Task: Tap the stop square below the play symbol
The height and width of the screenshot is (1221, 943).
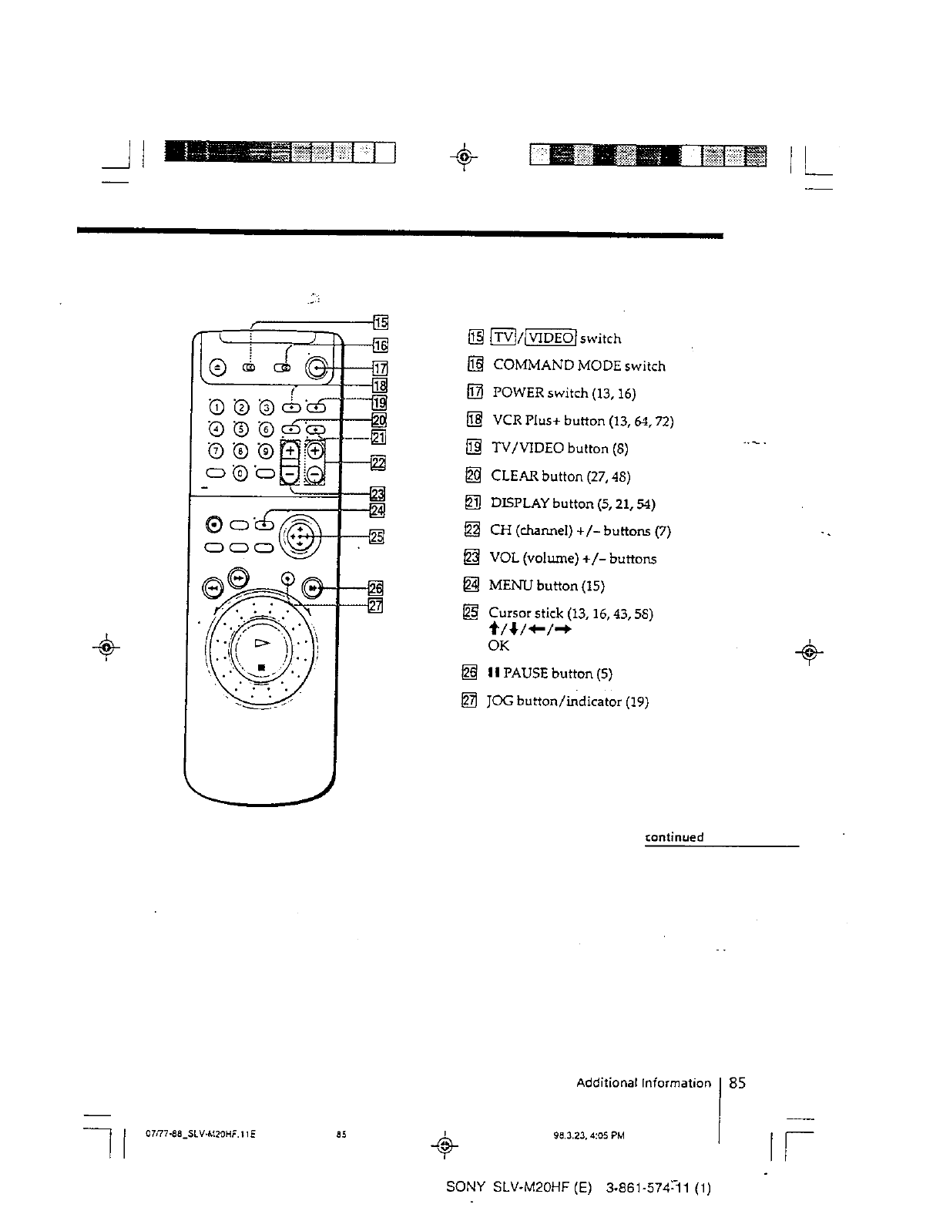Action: pos(262,667)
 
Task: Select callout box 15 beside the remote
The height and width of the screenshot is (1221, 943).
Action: pos(381,321)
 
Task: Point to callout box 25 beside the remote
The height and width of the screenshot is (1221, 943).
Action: pos(377,536)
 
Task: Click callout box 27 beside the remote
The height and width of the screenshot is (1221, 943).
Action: pos(376,605)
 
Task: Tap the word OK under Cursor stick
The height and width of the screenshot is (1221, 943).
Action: pos(498,645)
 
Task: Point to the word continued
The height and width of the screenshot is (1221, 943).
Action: pos(674,837)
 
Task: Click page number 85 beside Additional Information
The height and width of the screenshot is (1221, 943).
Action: pos(737,1083)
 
